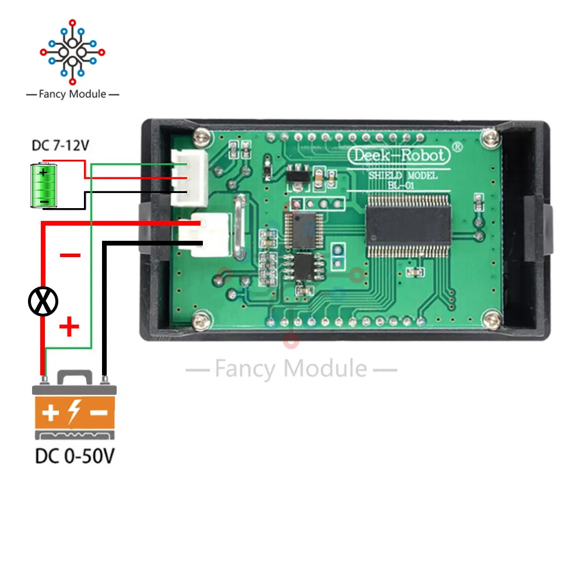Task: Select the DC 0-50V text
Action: (x=75, y=455)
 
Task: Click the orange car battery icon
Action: (x=75, y=408)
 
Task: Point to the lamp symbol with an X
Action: (x=44, y=301)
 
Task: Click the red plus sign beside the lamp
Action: (x=69, y=326)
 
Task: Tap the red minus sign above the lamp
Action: (x=71, y=255)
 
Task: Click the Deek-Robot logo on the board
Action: (x=399, y=155)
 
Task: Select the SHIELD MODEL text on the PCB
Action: (x=403, y=175)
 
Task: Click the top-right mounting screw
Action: (x=493, y=138)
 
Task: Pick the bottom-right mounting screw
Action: (x=493, y=318)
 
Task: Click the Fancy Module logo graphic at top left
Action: (x=72, y=52)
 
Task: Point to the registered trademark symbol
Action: (x=458, y=148)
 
